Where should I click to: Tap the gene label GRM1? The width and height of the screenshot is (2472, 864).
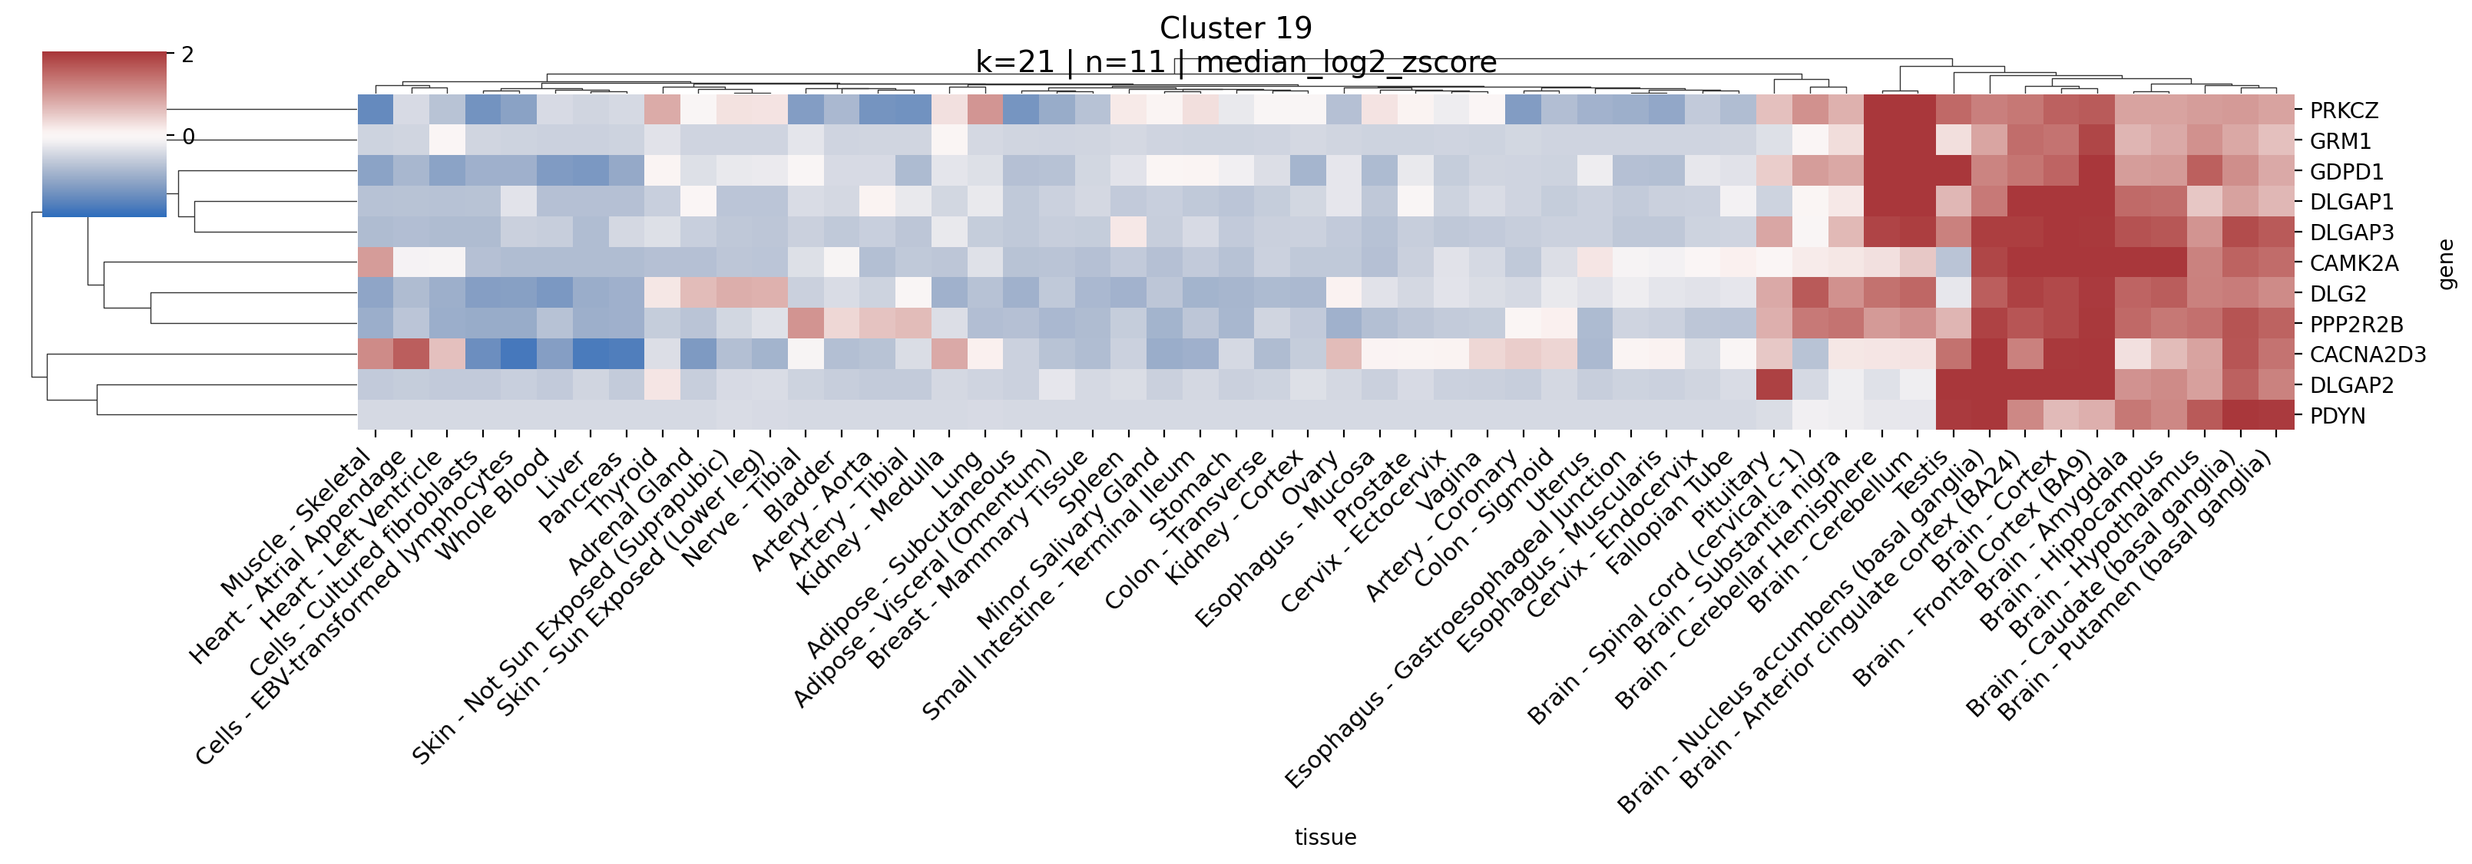[x=2340, y=141]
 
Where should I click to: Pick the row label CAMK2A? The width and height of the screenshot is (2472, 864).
[x=2353, y=262]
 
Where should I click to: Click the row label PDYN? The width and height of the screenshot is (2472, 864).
[x=2337, y=415]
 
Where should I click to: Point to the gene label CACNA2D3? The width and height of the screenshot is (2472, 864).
[x=2367, y=355]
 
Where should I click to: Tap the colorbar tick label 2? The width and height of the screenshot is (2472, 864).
[x=188, y=54]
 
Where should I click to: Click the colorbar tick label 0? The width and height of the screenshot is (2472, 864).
[x=188, y=137]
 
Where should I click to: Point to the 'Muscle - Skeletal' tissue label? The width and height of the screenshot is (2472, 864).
[x=297, y=523]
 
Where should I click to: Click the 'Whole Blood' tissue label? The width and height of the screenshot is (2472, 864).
[x=493, y=504]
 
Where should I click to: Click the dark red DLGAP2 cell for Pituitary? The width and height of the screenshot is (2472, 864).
[x=1773, y=384]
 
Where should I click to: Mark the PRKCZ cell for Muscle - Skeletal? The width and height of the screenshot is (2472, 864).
[x=376, y=110]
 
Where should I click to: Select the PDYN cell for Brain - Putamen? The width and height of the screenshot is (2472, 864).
[x=2275, y=415]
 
